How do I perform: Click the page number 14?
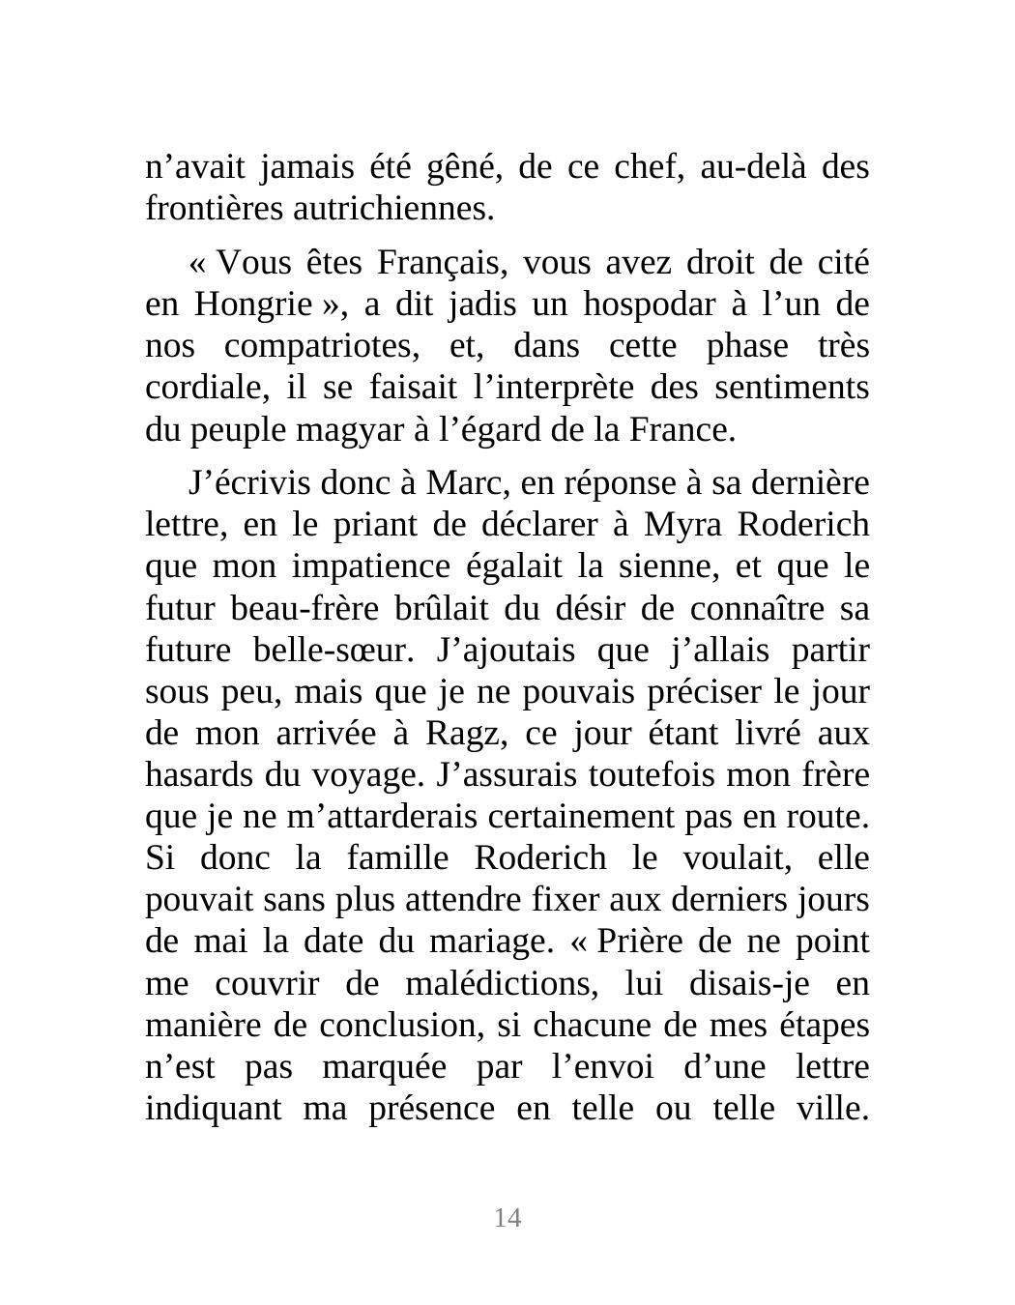click(x=507, y=1218)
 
